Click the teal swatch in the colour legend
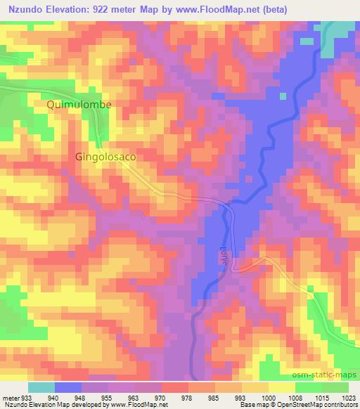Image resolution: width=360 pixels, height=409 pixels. click(x=41, y=387)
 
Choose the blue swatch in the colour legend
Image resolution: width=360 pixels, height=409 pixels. click(x=68, y=387)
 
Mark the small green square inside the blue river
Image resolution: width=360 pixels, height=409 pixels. click(x=283, y=96)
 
